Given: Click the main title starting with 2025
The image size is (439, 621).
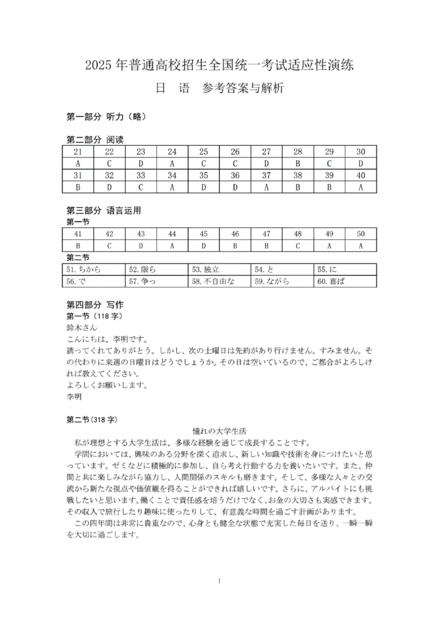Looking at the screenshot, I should point(219,65).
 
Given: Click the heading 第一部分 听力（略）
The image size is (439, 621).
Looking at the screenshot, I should point(105,116).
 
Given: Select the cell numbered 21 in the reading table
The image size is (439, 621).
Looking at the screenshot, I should point(78,152).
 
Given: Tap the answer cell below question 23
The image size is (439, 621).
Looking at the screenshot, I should point(140,163).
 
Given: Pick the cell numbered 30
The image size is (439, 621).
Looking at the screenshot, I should point(361,152).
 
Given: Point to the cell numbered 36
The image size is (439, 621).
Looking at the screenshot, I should point(235,176).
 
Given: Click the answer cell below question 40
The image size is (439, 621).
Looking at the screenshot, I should point(361,187).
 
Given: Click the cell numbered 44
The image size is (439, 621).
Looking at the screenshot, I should point(172,234).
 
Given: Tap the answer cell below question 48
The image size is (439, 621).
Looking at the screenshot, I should point(297,246).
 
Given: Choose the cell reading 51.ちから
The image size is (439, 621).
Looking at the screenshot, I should point(94,269).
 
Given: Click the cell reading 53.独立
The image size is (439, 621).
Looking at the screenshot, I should point(219,269).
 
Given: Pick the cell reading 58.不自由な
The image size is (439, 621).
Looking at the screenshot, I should point(219,281).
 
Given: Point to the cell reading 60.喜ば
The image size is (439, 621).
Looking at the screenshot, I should point(345,281).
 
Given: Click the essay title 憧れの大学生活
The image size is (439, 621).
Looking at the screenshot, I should point(219,432).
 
